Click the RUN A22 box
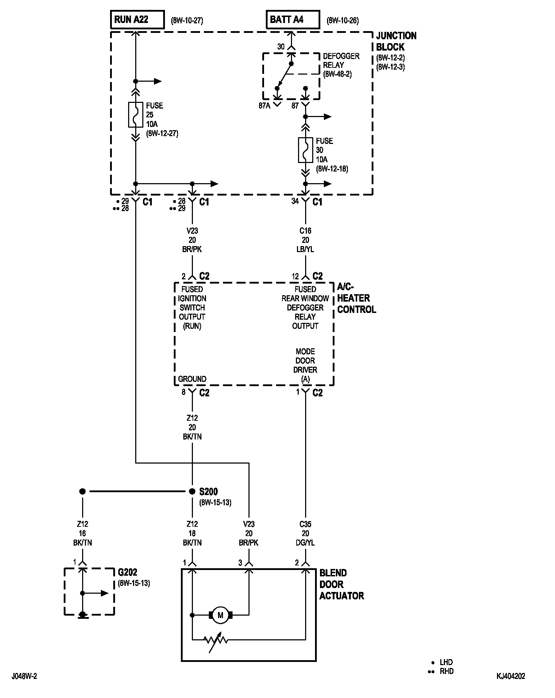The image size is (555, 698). pos(137,19)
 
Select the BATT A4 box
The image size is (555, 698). pos(293,19)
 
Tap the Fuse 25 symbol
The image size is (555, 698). pos(135,115)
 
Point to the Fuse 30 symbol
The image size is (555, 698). pos(305,150)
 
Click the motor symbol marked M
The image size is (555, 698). pos(221,615)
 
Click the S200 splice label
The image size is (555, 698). pos(208,491)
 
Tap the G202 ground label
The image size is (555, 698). pos(127,572)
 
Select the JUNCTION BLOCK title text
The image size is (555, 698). pos(396,41)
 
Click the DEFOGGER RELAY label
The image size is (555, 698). pos(341,60)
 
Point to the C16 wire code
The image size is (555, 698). pos(305,231)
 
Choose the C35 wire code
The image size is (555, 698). pos(305,524)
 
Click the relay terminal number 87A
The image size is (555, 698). pos(264,106)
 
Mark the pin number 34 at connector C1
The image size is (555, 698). pos(295,201)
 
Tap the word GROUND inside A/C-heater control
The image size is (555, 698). pos(192,379)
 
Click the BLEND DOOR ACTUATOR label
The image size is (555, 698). pos(342,584)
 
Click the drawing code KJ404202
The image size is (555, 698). pos(511,676)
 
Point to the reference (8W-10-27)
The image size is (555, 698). pos(187,21)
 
